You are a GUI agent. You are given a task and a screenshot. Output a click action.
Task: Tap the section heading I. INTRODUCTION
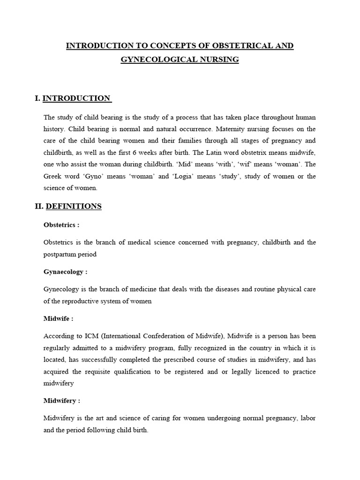click(73, 98)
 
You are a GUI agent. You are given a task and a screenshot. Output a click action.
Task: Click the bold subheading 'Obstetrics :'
click(61, 225)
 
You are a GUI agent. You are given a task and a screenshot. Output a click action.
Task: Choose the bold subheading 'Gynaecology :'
click(65, 272)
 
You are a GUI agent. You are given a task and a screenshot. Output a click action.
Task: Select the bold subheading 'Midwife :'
click(58, 319)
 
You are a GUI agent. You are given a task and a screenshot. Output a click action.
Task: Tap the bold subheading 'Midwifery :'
click(62, 401)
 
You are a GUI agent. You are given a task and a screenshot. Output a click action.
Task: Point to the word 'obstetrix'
click(263, 152)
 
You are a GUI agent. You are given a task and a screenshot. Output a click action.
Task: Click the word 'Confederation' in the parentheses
click(162, 337)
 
